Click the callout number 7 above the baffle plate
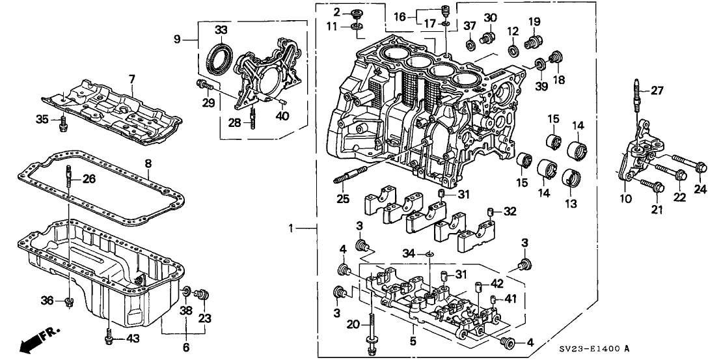[x=132, y=79]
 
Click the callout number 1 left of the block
[x=293, y=228]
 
